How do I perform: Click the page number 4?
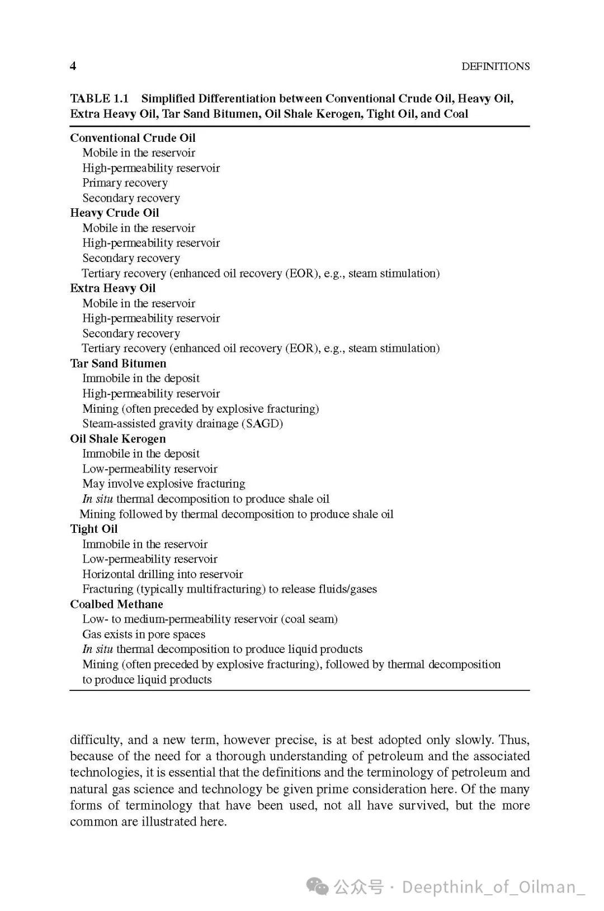tap(73, 66)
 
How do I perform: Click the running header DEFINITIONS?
tap(495, 66)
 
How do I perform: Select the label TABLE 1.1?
tap(99, 99)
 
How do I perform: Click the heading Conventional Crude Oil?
tap(133, 138)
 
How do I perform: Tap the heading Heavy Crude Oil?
tap(114, 213)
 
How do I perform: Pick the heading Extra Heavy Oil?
tap(112, 288)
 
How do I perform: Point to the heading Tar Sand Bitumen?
tap(118, 364)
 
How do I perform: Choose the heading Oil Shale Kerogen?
tap(118, 439)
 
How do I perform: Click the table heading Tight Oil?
tap(93, 529)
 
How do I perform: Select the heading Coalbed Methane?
tap(116, 604)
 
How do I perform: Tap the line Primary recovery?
tap(125, 183)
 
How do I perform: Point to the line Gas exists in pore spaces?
tap(144, 635)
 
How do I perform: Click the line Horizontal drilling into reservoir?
tap(163, 574)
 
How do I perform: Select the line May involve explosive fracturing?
tap(164, 484)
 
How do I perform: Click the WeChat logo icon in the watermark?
tap(319, 887)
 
